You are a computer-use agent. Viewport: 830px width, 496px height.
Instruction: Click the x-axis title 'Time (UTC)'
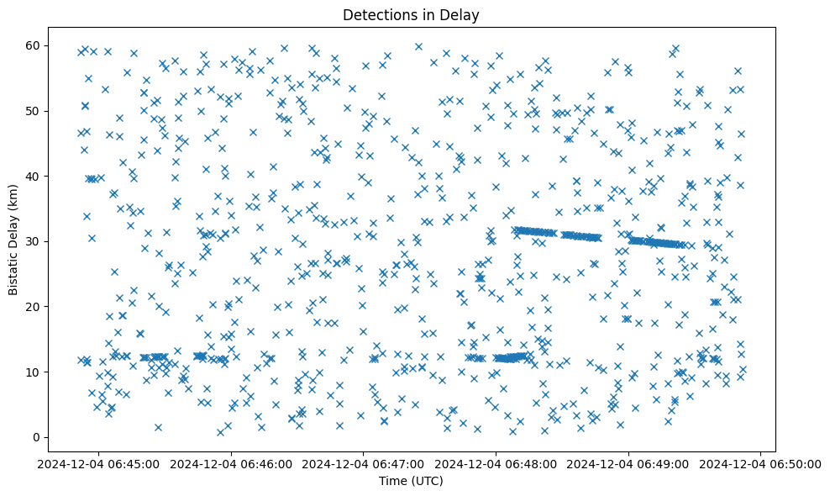(411, 481)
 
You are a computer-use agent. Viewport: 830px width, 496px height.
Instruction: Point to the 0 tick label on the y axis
(35, 437)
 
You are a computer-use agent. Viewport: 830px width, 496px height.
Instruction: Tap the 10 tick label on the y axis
(32, 372)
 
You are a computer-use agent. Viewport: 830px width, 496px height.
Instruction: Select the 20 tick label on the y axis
(32, 307)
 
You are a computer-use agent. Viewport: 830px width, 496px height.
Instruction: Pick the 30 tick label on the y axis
(32, 241)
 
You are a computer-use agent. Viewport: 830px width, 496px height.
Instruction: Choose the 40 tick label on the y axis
(32, 177)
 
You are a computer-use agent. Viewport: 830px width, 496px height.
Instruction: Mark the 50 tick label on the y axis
(32, 111)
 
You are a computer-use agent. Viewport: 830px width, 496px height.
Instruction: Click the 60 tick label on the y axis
(32, 45)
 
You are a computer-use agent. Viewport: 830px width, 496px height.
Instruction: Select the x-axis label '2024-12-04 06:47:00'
(364, 463)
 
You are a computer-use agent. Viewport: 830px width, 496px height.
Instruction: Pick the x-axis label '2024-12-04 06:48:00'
(496, 463)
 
